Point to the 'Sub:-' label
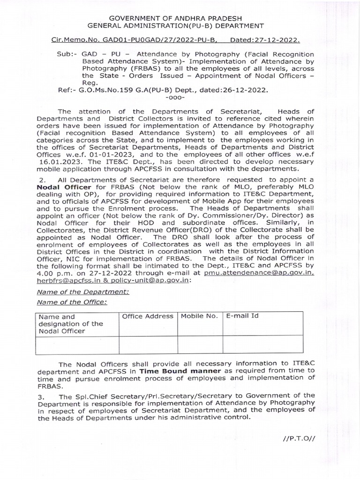click(67, 54)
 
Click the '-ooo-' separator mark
click(176, 97)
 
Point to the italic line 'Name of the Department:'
click(76, 292)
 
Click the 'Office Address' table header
click(148, 316)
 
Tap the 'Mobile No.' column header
click(199, 316)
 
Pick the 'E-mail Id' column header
click(242, 316)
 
